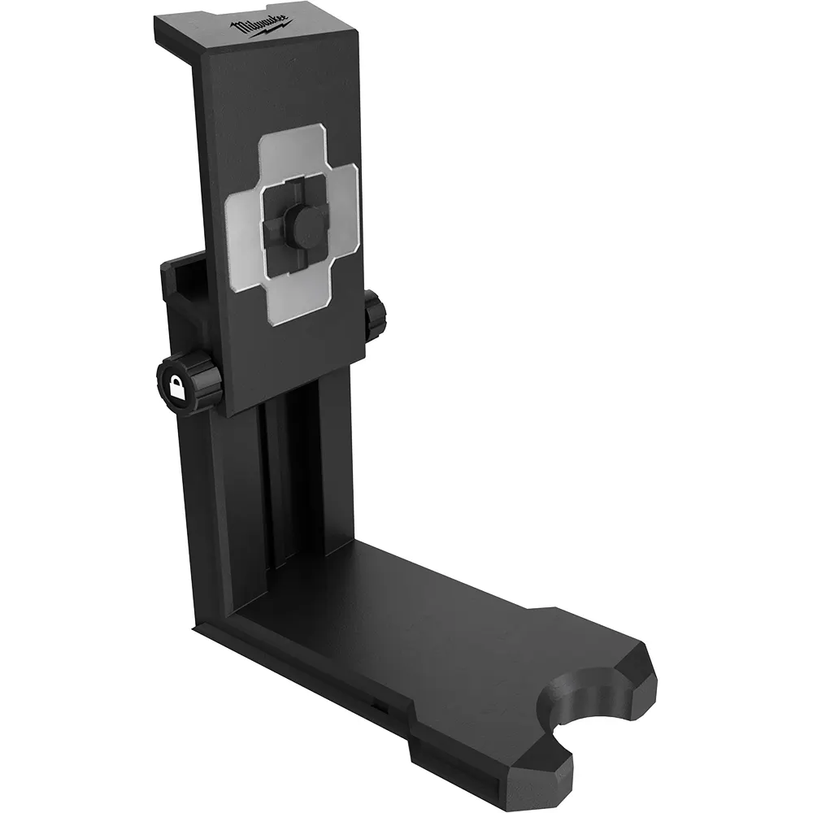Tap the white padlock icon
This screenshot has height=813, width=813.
tap(176, 387)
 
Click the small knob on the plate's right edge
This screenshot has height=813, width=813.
tap(375, 315)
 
